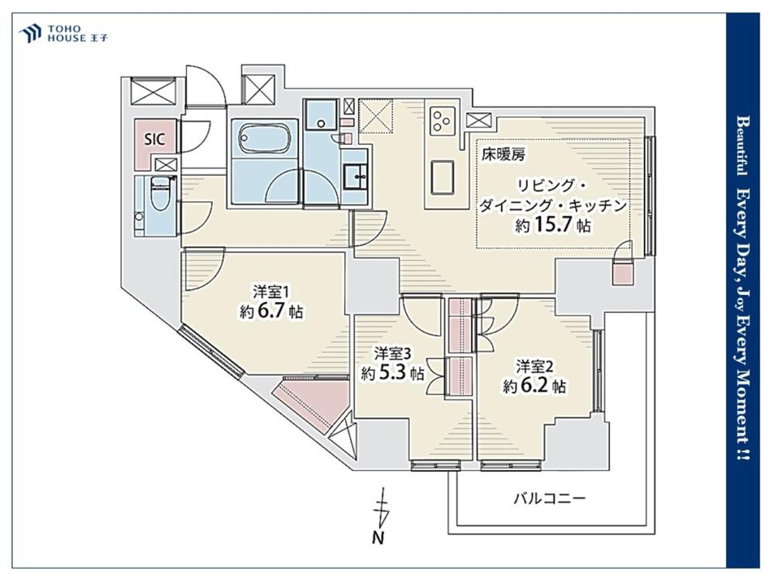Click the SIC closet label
(x=154, y=139)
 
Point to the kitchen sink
(x=443, y=177)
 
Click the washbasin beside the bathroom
(x=356, y=174)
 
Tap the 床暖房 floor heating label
(x=503, y=155)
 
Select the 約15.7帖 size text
(x=553, y=225)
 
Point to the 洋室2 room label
(x=534, y=367)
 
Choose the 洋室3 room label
(x=392, y=354)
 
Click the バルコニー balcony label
(x=549, y=498)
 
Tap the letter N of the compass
(x=378, y=537)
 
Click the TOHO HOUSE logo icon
(x=30, y=33)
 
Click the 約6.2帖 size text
(x=535, y=385)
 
